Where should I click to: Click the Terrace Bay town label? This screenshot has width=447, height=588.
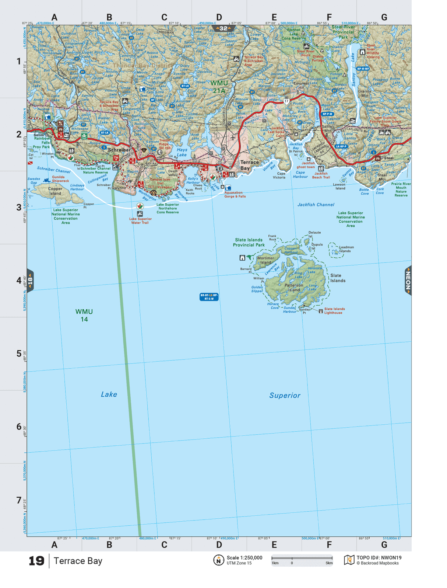pyautogui.click(x=249, y=165)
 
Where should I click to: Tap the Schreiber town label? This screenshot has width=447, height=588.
pyautogui.click(x=119, y=150)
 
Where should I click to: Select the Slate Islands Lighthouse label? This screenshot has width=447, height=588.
pyautogui.click(x=334, y=311)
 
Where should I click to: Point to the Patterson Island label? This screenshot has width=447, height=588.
pyautogui.click(x=293, y=288)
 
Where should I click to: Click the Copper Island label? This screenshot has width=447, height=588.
pyautogui.click(x=55, y=191)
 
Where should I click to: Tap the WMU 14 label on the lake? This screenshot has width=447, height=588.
pyautogui.click(x=84, y=315)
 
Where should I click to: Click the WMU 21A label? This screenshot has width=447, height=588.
pyautogui.click(x=219, y=87)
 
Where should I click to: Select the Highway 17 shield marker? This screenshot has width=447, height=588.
pyautogui.click(x=286, y=101)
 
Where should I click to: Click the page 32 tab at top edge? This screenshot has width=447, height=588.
pyautogui.click(x=223, y=28)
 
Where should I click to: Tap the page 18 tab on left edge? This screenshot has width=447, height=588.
pyautogui.click(x=30, y=281)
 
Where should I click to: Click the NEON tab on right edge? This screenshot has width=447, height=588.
pyautogui.click(x=408, y=280)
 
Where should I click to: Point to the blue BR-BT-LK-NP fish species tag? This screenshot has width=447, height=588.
pyautogui.click(x=209, y=297)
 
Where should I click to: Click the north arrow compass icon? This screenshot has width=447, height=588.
pyautogui.click(x=218, y=560)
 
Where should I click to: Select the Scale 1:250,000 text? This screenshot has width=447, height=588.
pyautogui.click(x=244, y=558)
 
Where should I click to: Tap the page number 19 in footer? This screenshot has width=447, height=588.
pyautogui.click(x=36, y=561)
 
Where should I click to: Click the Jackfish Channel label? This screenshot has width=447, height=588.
pyautogui.click(x=316, y=205)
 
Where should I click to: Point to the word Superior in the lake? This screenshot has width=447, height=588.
pyautogui.click(x=285, y=396)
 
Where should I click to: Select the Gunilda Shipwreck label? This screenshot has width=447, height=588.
pyautogui.click(x=60, y=179)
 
